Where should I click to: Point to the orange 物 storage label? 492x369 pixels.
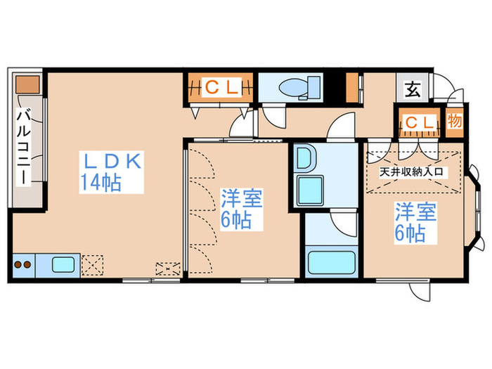(x=455, y=122)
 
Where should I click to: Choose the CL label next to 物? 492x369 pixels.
(x=419, y=123)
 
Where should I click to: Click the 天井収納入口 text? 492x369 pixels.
(x=412, y=171)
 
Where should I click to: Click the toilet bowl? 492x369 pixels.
(x=293, y=88)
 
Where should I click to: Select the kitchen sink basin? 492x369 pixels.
(x=63, y=266)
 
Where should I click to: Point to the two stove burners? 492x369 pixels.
(x=22, y=266)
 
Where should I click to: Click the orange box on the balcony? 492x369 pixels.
(x=28, y=83)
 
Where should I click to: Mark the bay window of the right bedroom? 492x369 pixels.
(x=476, y=207)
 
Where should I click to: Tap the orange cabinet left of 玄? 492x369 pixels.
(x=351, y=87)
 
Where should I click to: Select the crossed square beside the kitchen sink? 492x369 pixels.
(x=92, y=265)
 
